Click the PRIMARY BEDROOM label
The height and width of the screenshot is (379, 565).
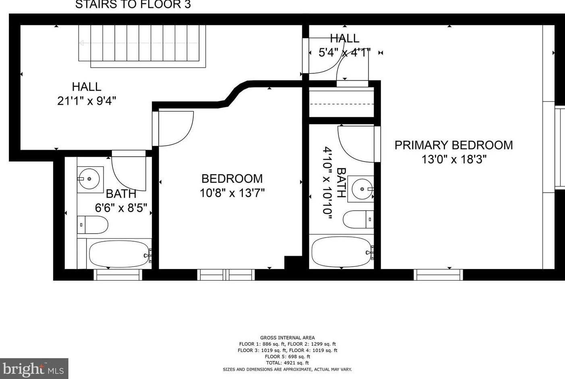coord(453,145)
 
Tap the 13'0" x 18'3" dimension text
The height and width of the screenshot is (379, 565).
coord(454,159)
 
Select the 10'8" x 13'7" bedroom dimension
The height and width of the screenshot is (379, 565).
coord(232,193)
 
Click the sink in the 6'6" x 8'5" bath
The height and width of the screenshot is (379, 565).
coord(90,179)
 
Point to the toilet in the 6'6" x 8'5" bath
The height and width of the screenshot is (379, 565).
coord(93,225)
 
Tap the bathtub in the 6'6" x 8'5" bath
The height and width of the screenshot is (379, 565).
coord(119,254)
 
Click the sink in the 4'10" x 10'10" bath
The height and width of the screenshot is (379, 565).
coord(361,189)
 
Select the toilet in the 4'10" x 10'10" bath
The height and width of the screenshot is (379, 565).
coord(358,219)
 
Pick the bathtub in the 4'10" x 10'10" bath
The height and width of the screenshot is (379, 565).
coord(341,251)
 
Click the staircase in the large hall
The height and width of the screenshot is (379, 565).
coord(142,46)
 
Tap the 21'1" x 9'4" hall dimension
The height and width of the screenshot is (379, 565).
coord(87,101)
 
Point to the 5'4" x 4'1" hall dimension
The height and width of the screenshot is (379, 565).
coord(345,53)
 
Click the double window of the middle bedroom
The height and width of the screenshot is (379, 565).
coord(226,275)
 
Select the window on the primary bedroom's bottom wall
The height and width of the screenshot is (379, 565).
coord(438,275)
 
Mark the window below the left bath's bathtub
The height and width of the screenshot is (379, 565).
coord(118,275)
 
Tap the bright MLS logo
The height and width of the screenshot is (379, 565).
coord(34,369)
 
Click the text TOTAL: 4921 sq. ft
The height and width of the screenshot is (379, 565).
coord(287,363)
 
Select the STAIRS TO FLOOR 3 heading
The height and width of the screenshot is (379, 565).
coord(133,4)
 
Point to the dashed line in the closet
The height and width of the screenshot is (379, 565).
coord(341,104)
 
